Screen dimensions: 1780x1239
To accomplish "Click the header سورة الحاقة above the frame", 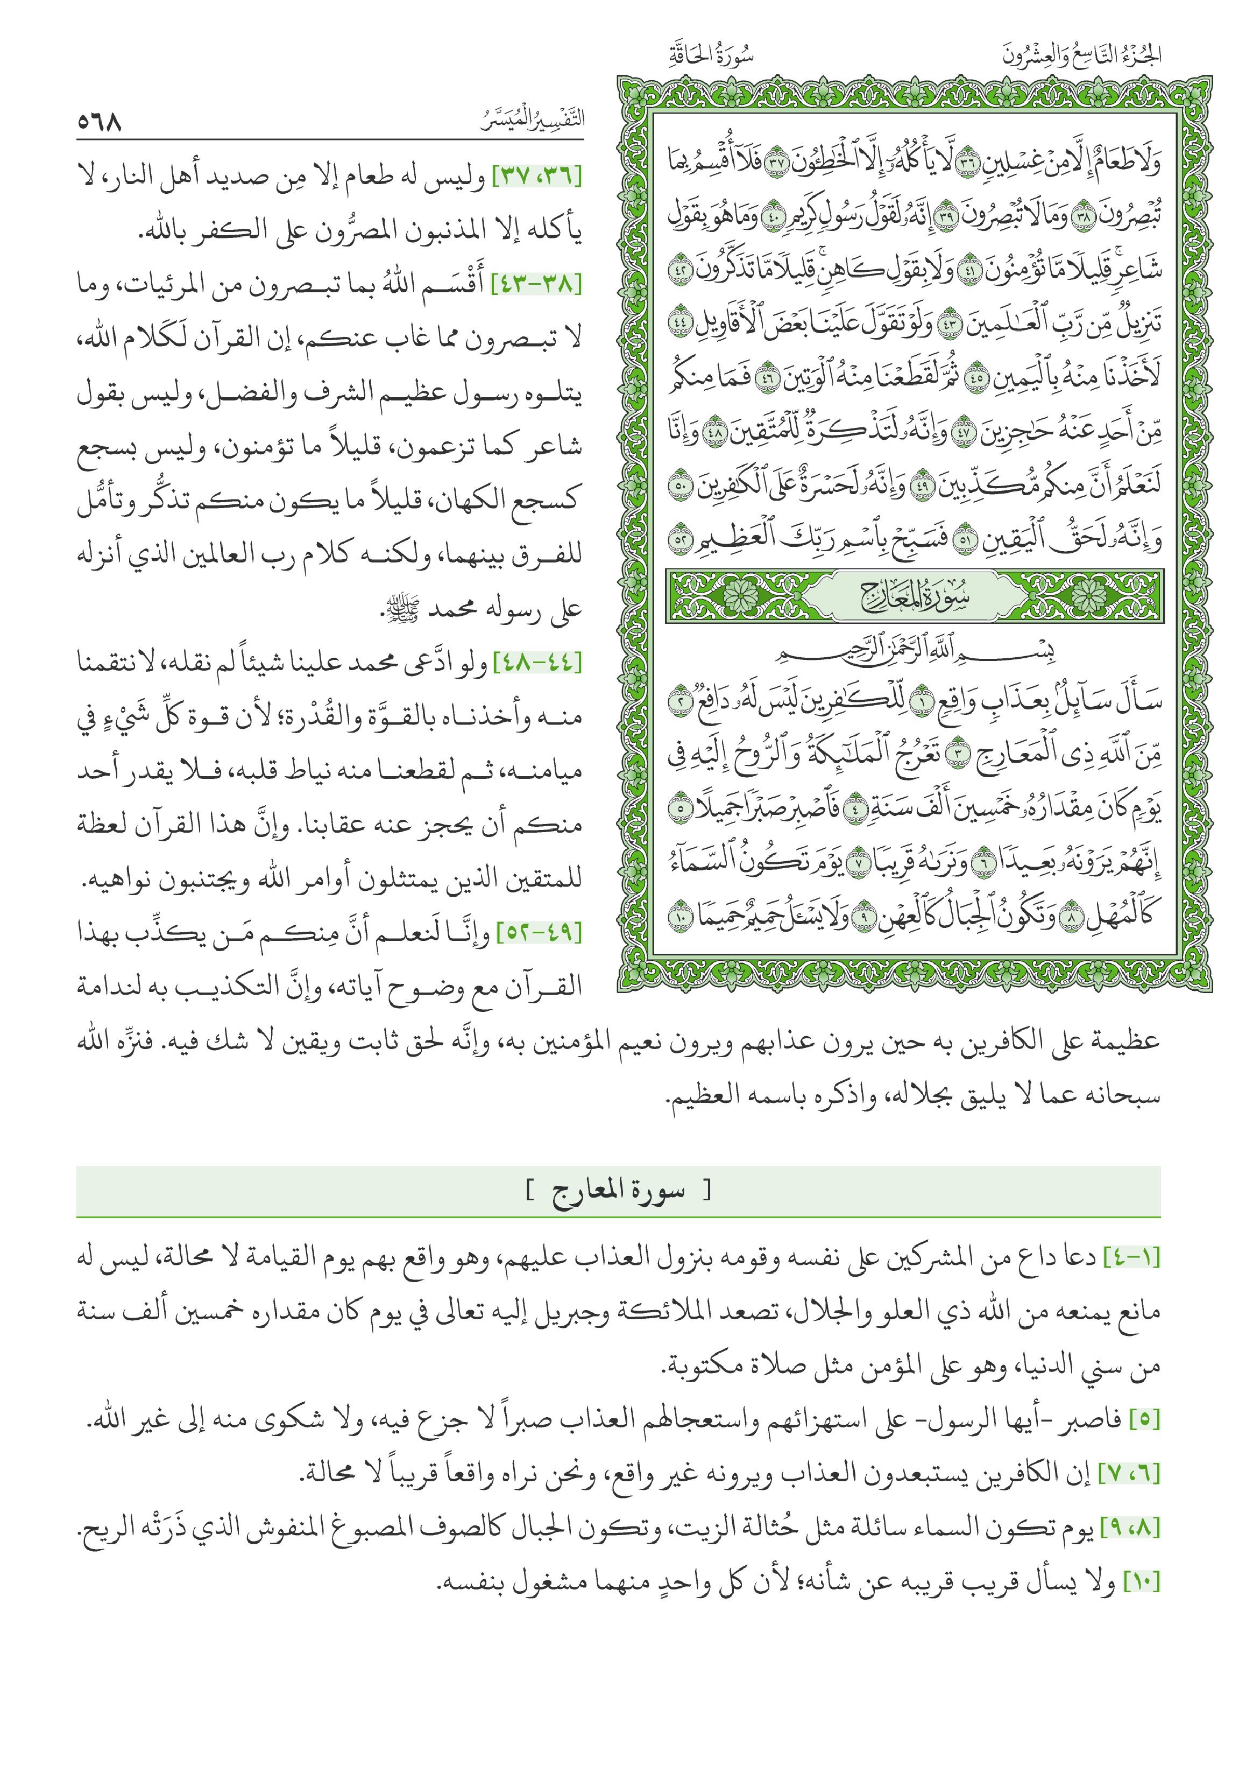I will [711, 56].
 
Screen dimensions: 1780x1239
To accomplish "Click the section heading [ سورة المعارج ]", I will [618, 1190].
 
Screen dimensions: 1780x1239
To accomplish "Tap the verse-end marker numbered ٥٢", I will [681, 538].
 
